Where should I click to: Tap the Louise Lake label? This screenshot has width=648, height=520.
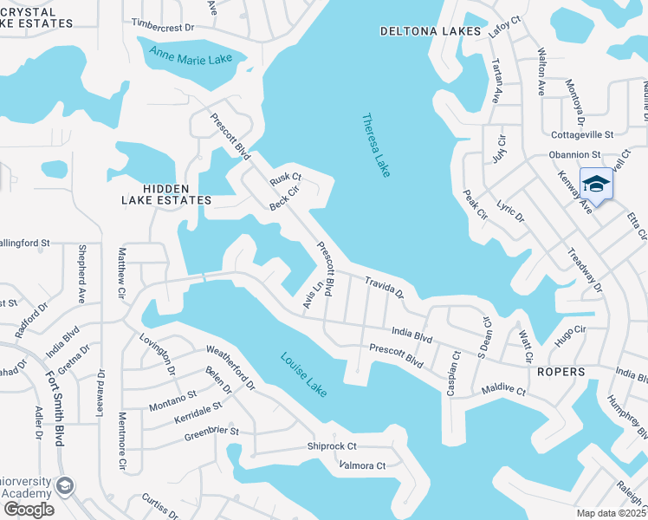click(303, 374)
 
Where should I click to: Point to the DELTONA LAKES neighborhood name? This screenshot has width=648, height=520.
click(430, 31)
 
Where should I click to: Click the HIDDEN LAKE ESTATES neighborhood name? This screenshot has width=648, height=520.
click(165, 193)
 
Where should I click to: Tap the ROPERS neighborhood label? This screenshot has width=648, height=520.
click(561, 372)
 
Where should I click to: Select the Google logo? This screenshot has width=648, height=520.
click(28, 509)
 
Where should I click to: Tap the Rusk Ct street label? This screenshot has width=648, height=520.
click(284, 177)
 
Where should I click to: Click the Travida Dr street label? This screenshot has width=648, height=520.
click(384, 287)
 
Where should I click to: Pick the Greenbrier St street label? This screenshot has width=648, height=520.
click(211, 432)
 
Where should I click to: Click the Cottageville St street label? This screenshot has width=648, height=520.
click(582, 134)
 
